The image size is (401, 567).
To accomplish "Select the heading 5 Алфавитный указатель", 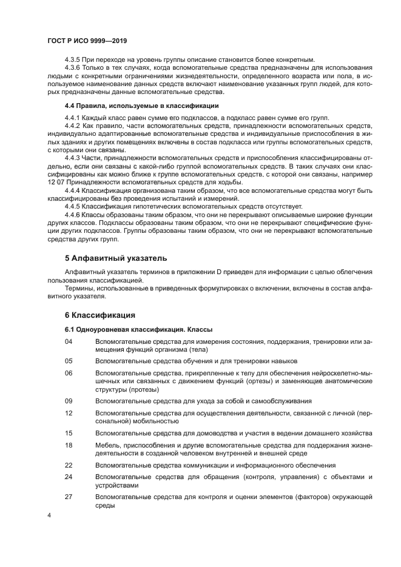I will pos(115,258).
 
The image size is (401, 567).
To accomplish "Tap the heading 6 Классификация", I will pos(99,315).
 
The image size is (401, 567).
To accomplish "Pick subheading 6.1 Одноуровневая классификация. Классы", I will pos(138,329).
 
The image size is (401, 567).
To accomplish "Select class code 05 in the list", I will pos(69,361).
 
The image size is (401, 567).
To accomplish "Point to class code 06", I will pos(69,373).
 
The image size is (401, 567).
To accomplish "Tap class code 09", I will pos(69,401).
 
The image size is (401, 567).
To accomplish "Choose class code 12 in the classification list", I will pos(69,413).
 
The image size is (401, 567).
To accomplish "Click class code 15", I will pos(69,433).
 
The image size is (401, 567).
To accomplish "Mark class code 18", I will pos(69,445).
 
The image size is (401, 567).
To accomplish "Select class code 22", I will pos(69,465).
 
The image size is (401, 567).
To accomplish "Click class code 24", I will pos(69,477).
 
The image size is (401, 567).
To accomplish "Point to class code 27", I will pos(69,497).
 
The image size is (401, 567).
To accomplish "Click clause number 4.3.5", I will pos(73,59).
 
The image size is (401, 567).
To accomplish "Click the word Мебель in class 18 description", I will pos(108,445).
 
